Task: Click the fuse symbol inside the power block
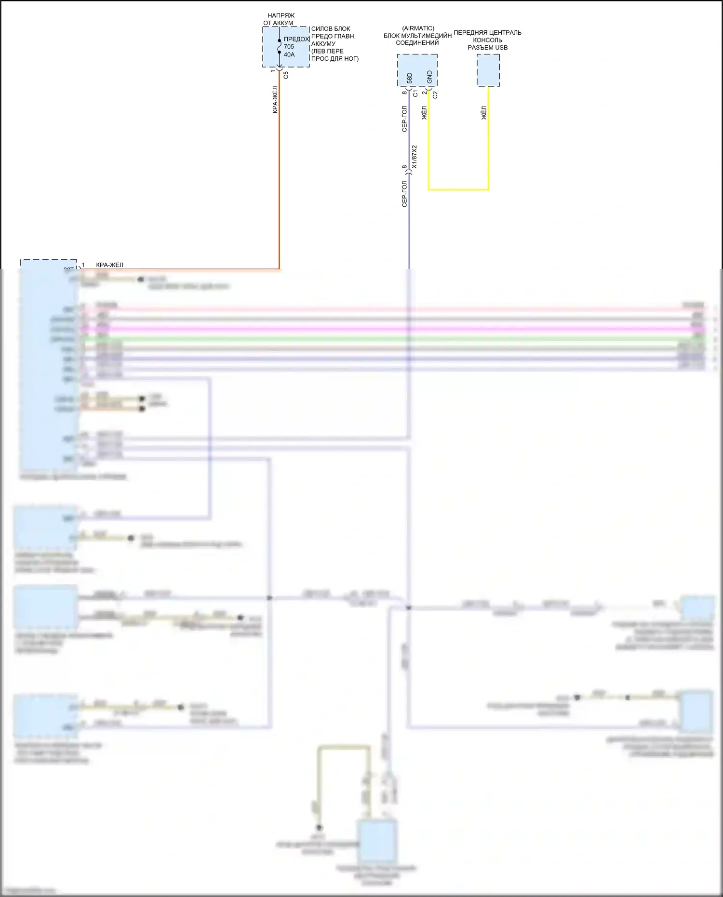(x=279, y=47)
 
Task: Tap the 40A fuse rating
(x=289, y=54)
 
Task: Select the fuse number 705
(x=289, y=47)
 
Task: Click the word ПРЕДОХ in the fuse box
(x=296, y=39)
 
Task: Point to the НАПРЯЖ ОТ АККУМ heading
(x=280, y=19)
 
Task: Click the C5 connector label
(x=286, y=75)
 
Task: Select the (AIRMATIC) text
(x=418, y=28)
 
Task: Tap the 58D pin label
(x=410, y=78)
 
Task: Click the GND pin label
(x=429, y=77)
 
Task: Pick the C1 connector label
(x=415, y=94)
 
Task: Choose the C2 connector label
(x=435, y=95)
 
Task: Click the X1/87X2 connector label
(x=415, y=157)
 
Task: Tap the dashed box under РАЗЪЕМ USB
(x=488, y=70)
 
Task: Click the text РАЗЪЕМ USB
(x=487, y=47)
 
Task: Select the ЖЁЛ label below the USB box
(x=484, y=113)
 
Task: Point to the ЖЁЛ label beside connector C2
(x=424, y=113)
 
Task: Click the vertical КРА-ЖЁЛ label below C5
(x=275, y=100)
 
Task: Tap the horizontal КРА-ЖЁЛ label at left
(x=109, y=265)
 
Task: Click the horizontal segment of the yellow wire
(x=458, y=189)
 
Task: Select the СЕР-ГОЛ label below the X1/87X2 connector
(x=404, y=194)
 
